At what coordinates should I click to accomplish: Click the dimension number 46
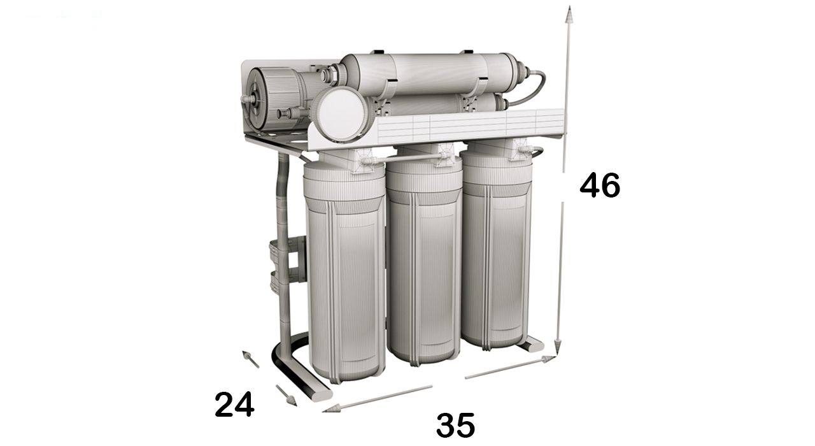pos(599,185)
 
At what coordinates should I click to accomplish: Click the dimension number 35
pos(455,425)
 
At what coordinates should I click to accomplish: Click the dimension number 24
pos(234,404)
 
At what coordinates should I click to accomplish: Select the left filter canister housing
pos(344,274)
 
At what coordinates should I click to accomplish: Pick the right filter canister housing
pos(496,255)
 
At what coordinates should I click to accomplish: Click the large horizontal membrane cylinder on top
pos(433,73)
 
